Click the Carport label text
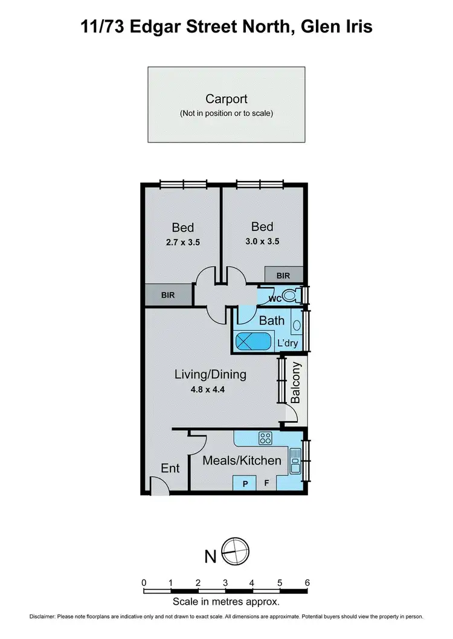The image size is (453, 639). click(226, 99)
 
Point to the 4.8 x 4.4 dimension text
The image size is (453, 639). click(210, 389)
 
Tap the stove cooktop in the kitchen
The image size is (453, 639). click(265, 438)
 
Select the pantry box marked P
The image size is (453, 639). click(246, 483)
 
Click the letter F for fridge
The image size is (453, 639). click(266, 483)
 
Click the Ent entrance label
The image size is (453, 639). click(170, 468)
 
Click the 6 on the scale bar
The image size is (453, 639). click(307, 582)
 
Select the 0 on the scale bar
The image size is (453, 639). click(144, 582)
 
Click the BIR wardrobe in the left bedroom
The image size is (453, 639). click(169, 296)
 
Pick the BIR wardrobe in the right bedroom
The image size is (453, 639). click(283, 275)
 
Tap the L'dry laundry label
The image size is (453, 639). click(288, 343)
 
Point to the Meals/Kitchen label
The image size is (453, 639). click(242, 460)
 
